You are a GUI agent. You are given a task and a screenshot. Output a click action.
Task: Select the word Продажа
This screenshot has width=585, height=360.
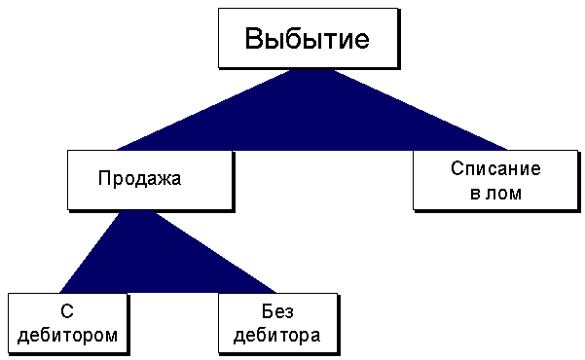pyautogui.click(x=140, y=178)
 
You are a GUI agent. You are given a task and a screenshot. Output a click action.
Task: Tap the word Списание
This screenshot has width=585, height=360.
pyautogui.click(x=495, y=168)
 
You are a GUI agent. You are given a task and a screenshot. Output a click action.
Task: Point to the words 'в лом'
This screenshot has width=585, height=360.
pyautogui.click(x=495, y=193)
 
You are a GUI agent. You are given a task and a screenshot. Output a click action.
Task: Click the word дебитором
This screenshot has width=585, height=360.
pyautogui.click(x=68, y=336)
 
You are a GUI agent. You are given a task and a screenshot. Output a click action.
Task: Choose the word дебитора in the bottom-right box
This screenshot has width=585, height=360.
pyautogui.click(x=277, y=336)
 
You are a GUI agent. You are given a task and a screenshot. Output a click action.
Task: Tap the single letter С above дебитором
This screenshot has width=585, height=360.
pyautogui.click(x=68, y=312)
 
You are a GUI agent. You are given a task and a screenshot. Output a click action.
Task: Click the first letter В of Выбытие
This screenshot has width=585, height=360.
pyautogui.click(x=255, y=41)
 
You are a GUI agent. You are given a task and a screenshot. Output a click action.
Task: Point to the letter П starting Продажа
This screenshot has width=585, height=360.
pyautogui.click(x=104, y=178)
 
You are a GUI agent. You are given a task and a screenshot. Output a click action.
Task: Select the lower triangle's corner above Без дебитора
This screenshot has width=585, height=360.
pyautogui.click(x=276, y=292)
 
